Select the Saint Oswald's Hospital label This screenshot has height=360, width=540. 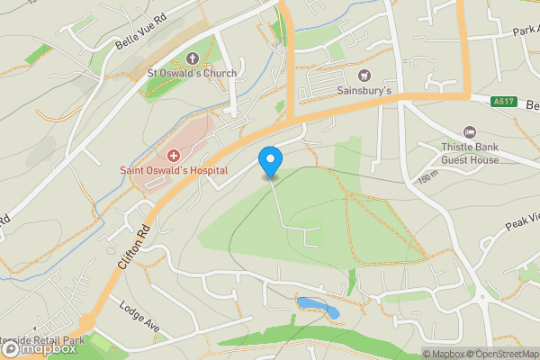pyautogui.click(x=175, y=169)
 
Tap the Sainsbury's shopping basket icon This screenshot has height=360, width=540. pyautogui.click(x=364, y=76)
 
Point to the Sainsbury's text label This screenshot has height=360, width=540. pyautogui.click(x=364, y=90)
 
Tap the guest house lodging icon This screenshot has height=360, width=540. pyautogui.click(x=468, y=133)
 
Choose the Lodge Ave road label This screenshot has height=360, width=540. pyautogui.click(x=139, y=319)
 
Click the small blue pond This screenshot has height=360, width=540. pyautogui.click(x=320, y=308)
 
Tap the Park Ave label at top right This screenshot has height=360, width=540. pyautogui.click(x=525, y=31)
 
